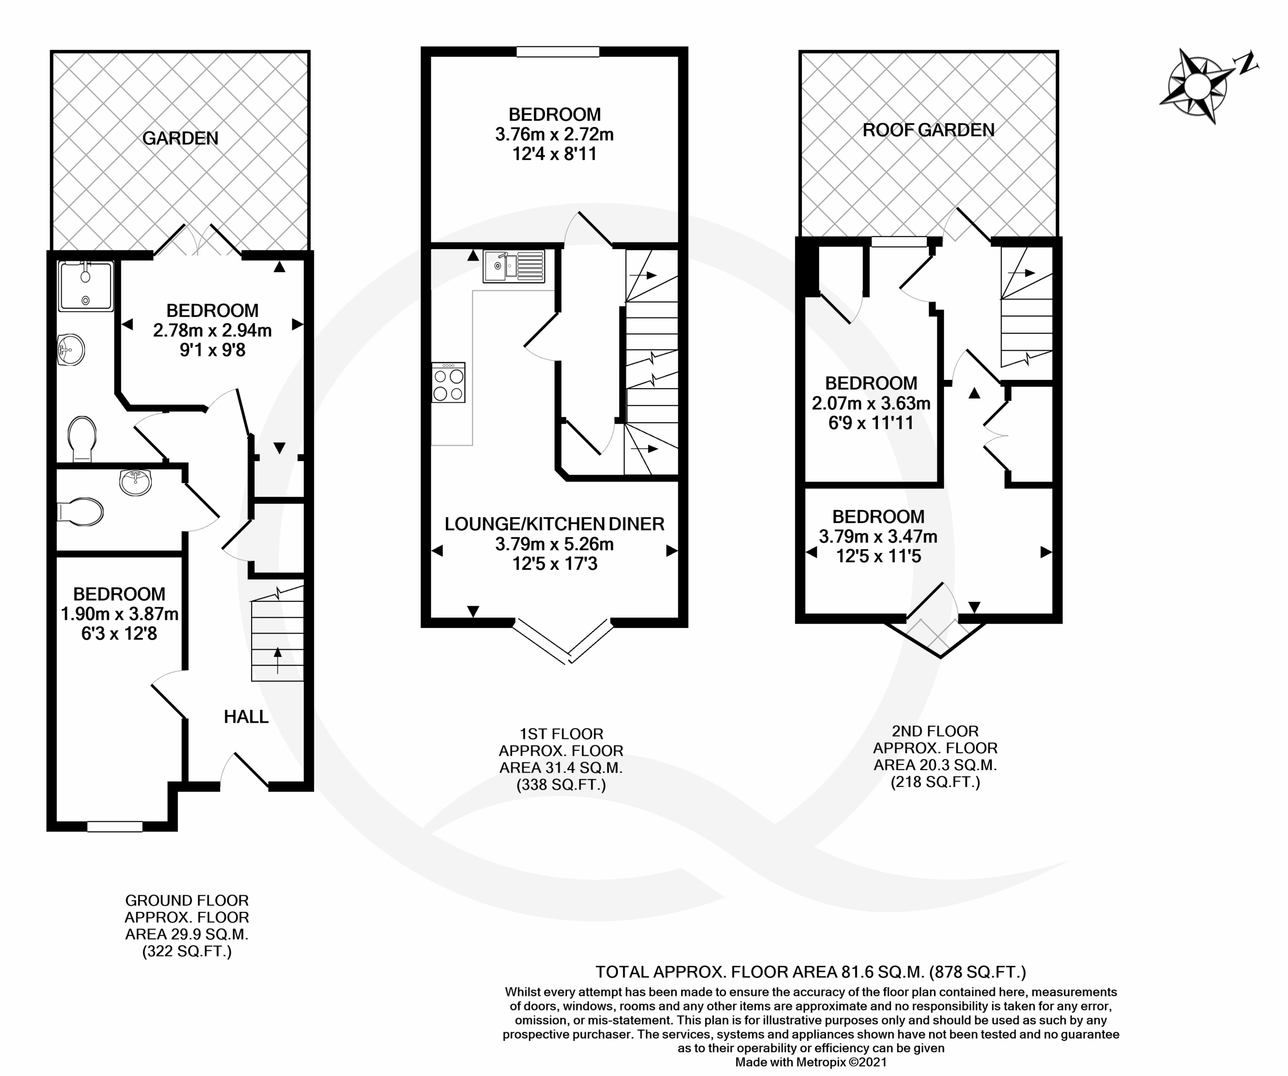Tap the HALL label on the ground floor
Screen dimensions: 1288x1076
pos(246,717)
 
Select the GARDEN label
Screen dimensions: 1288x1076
pos(180,138)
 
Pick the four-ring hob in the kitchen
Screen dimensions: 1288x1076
pos(448,382)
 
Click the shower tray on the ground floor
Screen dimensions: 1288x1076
pos(86,286)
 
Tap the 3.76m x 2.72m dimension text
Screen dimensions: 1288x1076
pos(554,134)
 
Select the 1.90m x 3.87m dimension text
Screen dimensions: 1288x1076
pos(120,614)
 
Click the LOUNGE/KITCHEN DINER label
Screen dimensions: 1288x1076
pos(554,524)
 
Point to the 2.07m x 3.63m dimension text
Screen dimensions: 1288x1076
pos(871,403)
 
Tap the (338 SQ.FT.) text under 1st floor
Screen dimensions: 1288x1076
pos(561,785)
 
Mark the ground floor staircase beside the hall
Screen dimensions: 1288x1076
pos(278,634)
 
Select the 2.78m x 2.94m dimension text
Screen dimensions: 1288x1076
pos(212,331)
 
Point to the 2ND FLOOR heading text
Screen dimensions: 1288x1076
pos(935,731)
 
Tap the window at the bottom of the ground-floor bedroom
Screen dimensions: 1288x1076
pos(115,827)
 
